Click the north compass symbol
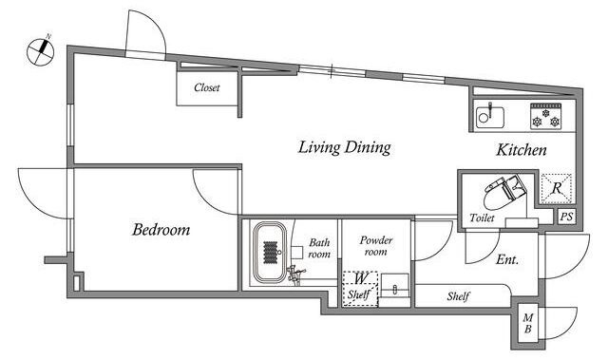tap(40, 50)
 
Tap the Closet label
tap(207, 87)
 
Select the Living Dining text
tap(344, 147)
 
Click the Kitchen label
tap(522, 150)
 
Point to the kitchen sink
tap(490, 117)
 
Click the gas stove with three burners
tap(545, 116)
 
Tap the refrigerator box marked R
tap(557, 188)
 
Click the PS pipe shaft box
tap(566, 217)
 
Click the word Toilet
tap(482, 218)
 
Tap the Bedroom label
tap(161, 230)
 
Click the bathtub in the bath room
tap(270, 252)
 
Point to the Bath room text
tap(319, 249)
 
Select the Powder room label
tap(376, 246)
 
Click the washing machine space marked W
tap(360, 289)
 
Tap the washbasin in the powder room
tap(395, 286)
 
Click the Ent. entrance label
tap(507, 259)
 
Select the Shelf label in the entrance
tap(458, 296)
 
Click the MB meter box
tap(528, 324)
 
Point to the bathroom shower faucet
tap(294, 275)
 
